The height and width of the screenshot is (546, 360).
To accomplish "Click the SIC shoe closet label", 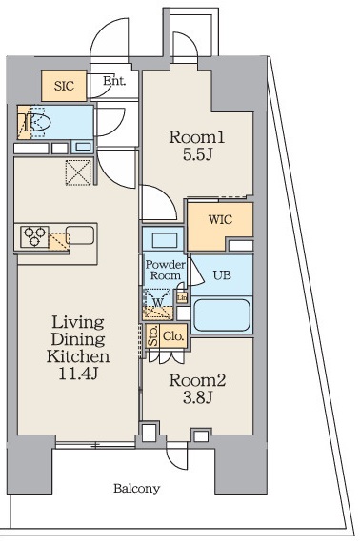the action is pos(64,86).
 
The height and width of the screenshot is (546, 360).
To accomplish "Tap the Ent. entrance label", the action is pos(114,81).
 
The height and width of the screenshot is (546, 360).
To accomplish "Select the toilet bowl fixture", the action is pos(40,123).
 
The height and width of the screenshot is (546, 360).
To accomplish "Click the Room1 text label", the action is pos(197,137).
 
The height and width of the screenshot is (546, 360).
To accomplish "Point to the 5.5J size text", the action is pos(197,154).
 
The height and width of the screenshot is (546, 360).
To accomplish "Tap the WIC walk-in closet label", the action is pos(220,220).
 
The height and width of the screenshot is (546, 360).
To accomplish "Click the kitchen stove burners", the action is pos(34,236).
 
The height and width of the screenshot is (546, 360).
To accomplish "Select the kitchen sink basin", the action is pos(80,234).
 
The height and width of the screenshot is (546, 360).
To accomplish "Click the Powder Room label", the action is pos(166,270).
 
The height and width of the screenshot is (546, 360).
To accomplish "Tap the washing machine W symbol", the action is pos(158,303).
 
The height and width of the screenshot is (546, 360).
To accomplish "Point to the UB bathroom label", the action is pos(222,275).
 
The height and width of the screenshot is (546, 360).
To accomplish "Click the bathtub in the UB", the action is pos(222,315).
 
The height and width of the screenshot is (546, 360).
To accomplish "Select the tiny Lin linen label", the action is pos(182,297).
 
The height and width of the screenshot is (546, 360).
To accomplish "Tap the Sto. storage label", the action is pos(152,336).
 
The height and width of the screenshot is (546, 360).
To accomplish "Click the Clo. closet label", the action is pos(173,336).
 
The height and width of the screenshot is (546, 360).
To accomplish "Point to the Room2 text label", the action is pos(197,380).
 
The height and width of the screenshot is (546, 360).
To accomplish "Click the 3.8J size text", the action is pos(197,397).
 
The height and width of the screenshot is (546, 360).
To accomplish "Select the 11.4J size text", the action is pos(78,374).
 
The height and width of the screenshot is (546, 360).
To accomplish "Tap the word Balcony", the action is pos(136,489).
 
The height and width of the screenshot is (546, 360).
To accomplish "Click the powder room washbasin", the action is pos(165,240).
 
